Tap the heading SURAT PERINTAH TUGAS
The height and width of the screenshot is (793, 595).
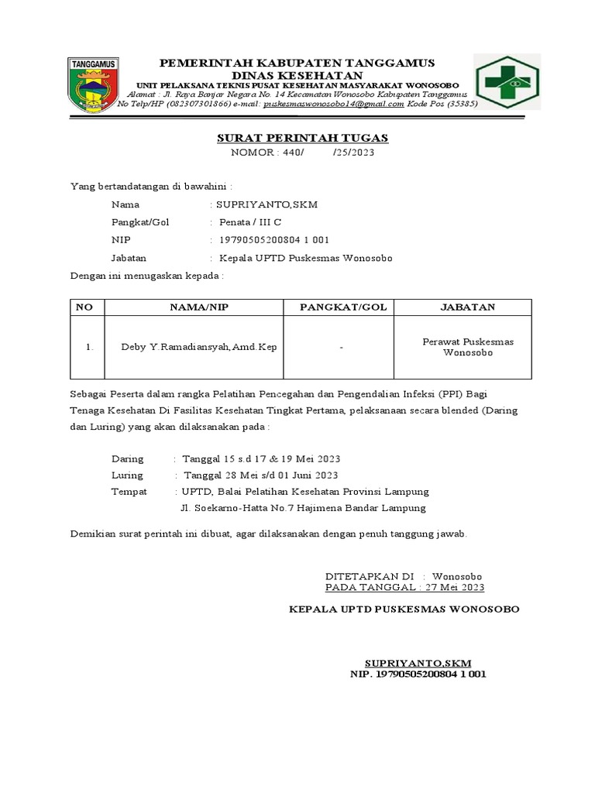pos(301,138)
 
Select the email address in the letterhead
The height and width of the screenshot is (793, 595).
pos(333,103)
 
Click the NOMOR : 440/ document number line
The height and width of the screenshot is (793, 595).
pos(302,153)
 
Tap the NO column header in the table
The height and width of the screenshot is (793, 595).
pos(85,307)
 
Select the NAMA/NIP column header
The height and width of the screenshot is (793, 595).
pos(199,307)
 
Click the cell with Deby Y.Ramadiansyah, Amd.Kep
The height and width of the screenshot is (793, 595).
pos(199,347)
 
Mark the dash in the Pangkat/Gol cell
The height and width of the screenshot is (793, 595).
pos(342,348)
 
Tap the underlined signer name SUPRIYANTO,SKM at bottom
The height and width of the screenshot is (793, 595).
pos(418,663)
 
